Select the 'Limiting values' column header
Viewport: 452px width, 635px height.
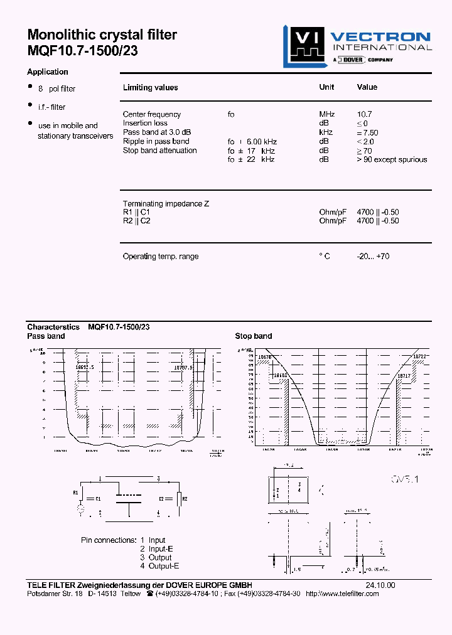(x=151, y=88)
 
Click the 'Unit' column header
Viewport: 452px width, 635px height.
(x=326, y=87)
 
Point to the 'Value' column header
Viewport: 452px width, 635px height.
(x=367, y=87)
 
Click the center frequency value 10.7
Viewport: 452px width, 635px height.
(x=364, y=114)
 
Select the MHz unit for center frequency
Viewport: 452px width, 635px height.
(x=327, y=114)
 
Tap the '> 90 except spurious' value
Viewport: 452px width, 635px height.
(x=392, y=159)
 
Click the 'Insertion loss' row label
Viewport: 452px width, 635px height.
(x=145, y=123)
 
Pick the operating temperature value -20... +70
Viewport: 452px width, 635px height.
(x=373, y=257)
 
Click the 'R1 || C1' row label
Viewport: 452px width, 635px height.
(x=136, y=212)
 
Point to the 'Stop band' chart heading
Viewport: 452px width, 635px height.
(x=254, y=336)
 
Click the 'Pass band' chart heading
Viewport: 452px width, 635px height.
(x=46, y=336)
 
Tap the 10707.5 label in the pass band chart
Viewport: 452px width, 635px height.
(x=183, y=368)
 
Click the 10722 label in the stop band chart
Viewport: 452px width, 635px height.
(x=420, y=356)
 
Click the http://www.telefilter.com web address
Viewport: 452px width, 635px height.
(x=342, y=594)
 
